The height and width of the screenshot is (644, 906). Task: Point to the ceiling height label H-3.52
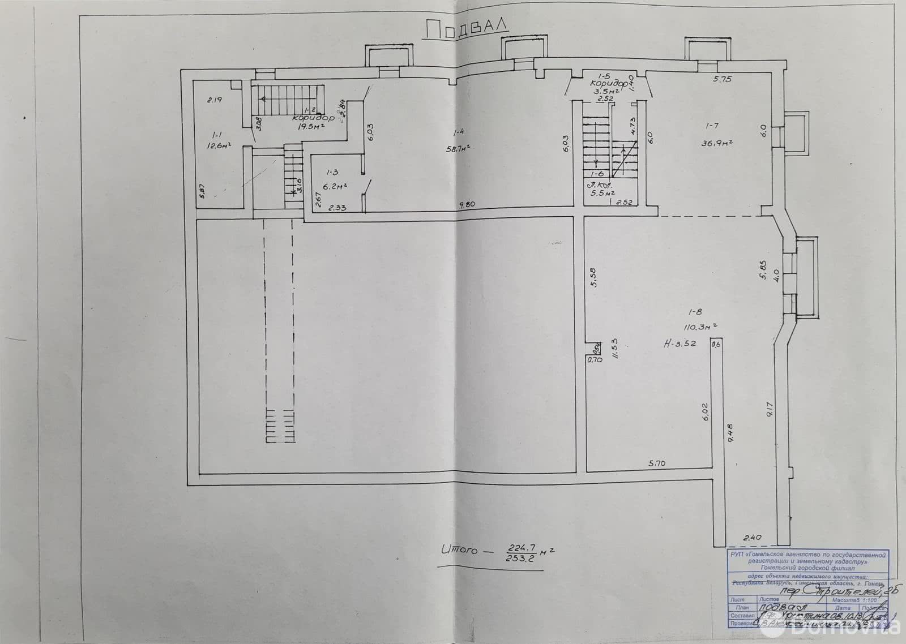click(682, 344)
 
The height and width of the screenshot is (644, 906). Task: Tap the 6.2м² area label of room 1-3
click(335, 185)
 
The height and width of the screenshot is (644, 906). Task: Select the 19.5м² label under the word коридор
click(310, 127)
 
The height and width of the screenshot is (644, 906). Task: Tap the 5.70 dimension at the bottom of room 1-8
click(657, 463)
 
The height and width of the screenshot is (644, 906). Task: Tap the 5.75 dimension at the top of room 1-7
click(722, 80)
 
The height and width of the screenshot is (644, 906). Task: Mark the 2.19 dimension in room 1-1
click(213, 100)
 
